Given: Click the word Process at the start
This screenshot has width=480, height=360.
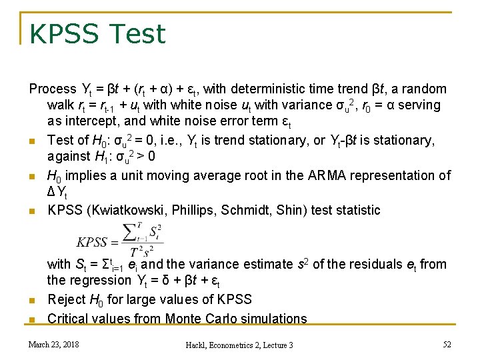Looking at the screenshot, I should [x=53, y=89].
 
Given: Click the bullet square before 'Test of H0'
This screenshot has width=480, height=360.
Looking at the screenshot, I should [x=32, y=141].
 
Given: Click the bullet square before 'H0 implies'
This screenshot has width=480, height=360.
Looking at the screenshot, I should [x=32, y=177].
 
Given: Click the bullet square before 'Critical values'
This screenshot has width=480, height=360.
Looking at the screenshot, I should [x=32, y=319].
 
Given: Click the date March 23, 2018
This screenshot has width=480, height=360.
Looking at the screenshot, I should [x=53, y=344].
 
